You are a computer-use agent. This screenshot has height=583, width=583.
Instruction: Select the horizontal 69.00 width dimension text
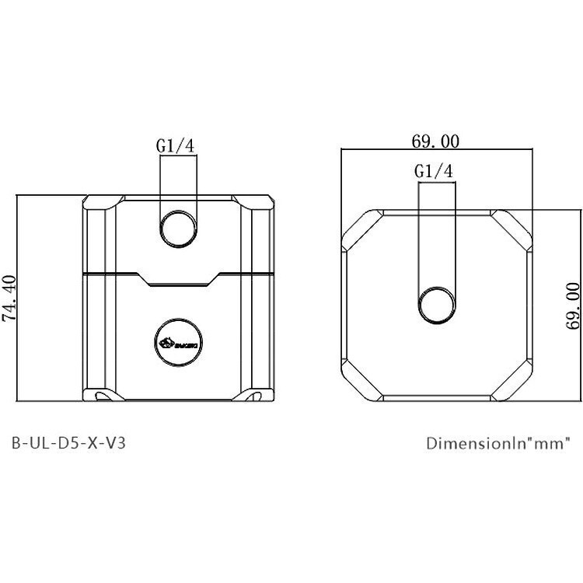click(x=436, y=141)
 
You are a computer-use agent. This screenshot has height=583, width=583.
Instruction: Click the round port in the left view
click(x=178, y=228)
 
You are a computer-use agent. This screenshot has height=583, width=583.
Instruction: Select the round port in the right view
click(x=437, y=303)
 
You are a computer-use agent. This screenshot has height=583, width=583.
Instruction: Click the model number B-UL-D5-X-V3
click(x=69, y=444)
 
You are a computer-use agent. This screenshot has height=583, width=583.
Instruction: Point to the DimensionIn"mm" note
click(x=498, y=444)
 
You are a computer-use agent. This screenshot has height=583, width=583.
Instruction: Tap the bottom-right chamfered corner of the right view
click(x=513, y=382)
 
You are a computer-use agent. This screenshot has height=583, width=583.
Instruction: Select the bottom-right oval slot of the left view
click(x=255, y=396)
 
